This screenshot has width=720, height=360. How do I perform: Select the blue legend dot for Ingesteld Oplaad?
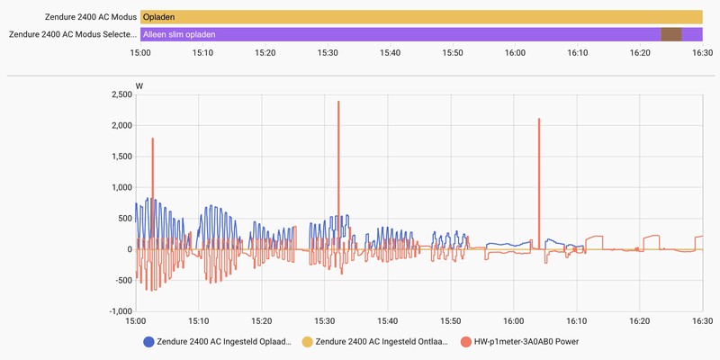[x=148, y=342]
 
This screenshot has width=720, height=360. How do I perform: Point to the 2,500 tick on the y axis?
[x=120, y=94]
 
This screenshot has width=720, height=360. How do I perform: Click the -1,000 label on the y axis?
[x=117, y=311]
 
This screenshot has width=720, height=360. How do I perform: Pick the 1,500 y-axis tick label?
[x=120, y=157]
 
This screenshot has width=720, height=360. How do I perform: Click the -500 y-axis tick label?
[x=121, y=281]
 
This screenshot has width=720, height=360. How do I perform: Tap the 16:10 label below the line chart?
[x=576, y=320]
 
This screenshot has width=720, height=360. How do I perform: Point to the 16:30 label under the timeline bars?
[x=702, y=53]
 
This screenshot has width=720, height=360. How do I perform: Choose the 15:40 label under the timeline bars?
[x=390, y=53]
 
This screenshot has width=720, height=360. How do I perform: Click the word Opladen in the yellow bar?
[x=159, y=16]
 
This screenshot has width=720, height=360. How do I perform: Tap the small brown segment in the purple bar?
[x=670, y=34]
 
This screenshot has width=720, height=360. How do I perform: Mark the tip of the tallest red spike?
[x=338, y=102]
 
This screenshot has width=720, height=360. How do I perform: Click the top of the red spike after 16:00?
[x=539, y=119]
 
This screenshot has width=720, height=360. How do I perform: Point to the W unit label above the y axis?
[x=139, y=86]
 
